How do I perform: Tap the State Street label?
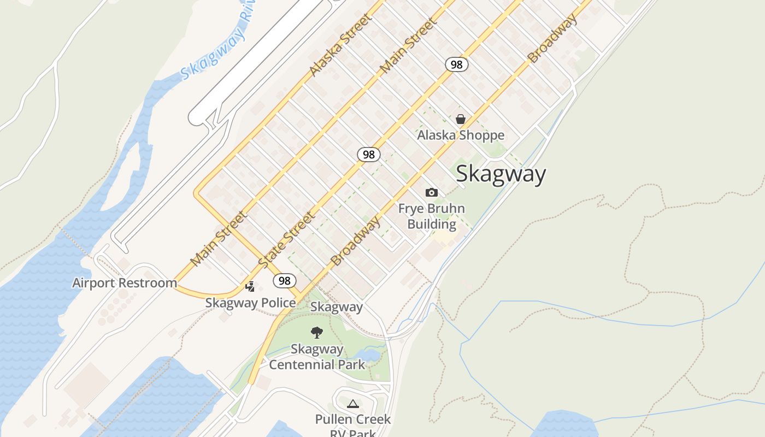click(286, 240)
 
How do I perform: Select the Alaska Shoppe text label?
click(461, 135)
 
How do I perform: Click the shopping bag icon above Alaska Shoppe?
click(461, 119)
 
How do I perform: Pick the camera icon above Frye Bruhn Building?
click(432, 192)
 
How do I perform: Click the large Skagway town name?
click(501, 174)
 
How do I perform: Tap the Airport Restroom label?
click(125, 283)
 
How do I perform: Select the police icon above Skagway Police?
click(250, 286)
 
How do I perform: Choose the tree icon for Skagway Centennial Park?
click(316, 333)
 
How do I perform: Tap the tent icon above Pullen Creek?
click(352, 404)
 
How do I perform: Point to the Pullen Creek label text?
click(353, 419)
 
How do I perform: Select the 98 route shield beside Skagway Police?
click(284, 281)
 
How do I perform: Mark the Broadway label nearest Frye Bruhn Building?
click(356, 241)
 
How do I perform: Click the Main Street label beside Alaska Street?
click(409, 46)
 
